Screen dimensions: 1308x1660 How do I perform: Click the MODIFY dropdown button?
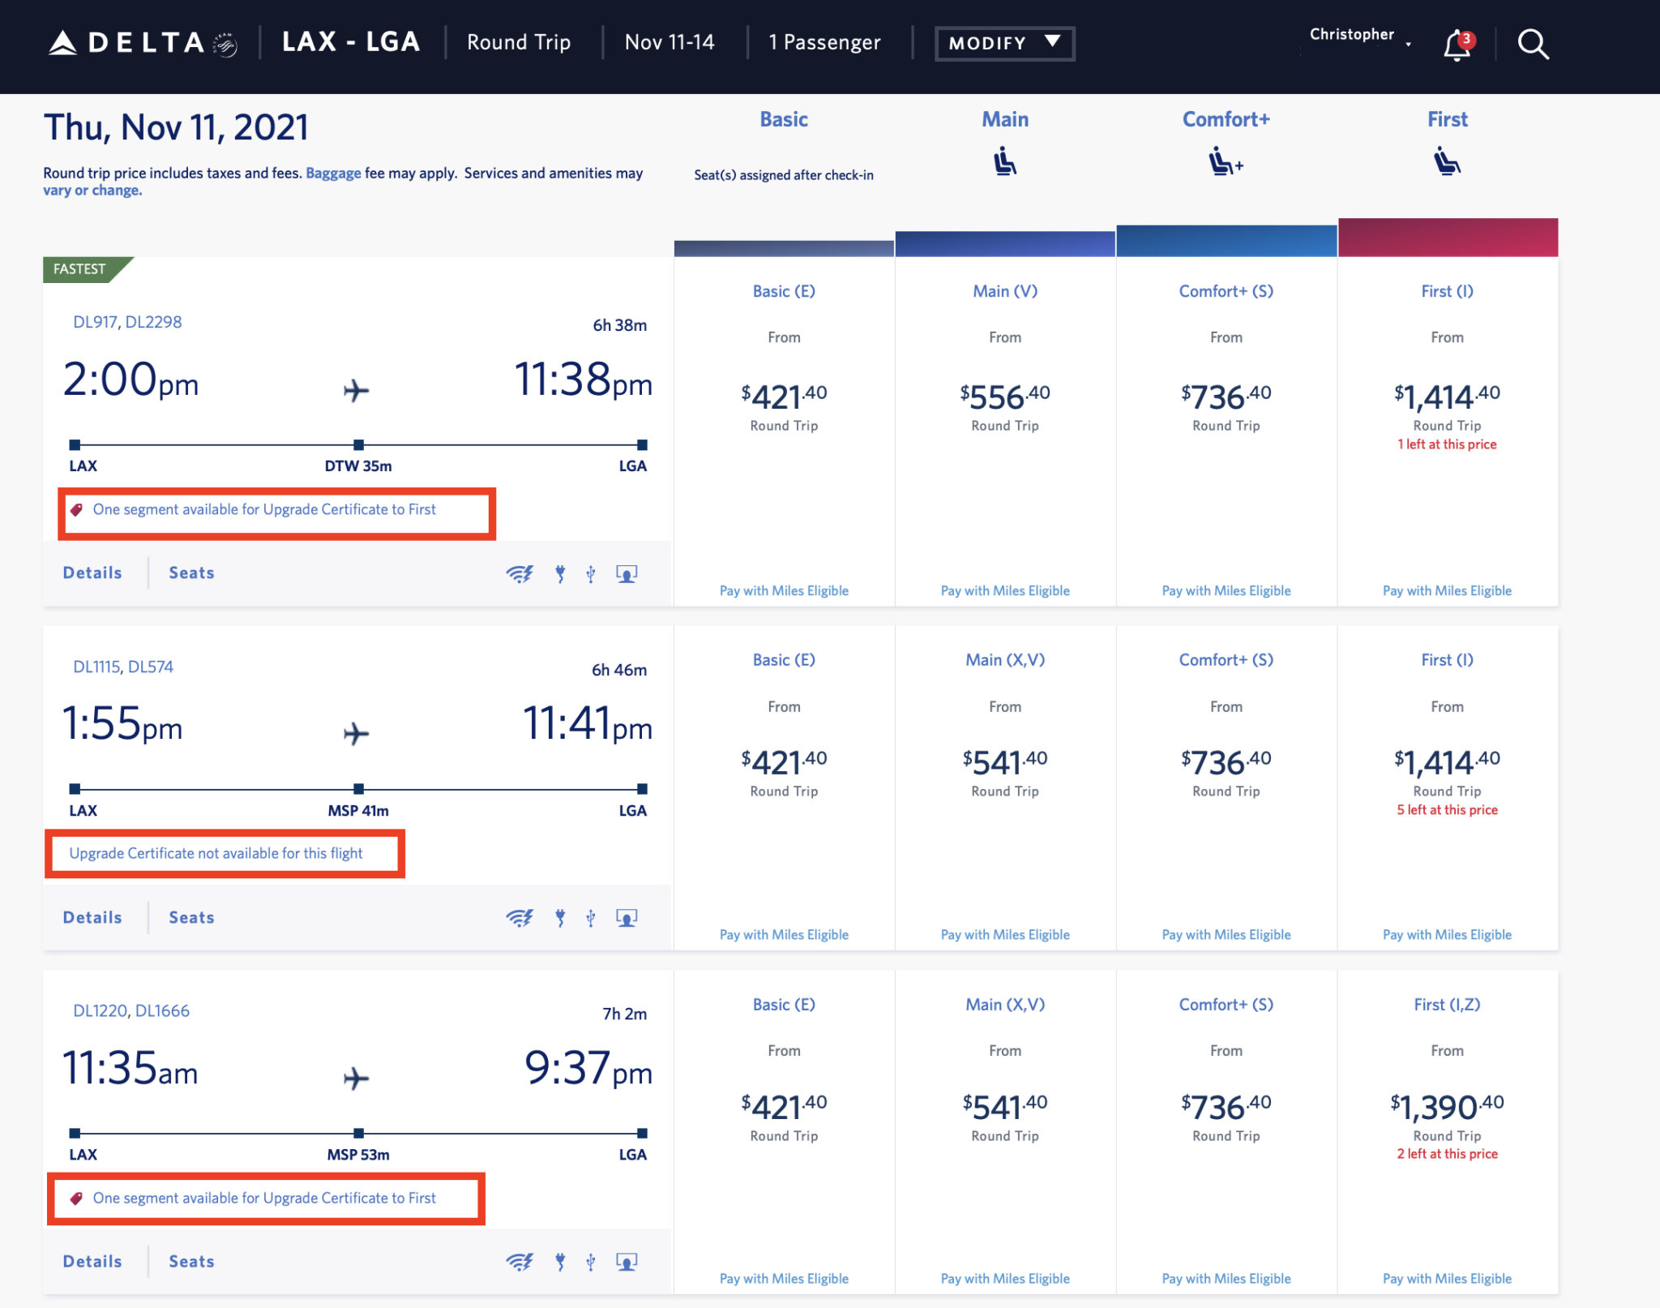click(x=1003, y=43)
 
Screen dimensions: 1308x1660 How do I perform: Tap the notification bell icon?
click(x=1457, y=45)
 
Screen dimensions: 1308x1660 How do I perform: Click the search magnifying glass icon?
click(x=1532, y=45)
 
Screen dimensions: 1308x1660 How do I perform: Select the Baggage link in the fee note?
click(x=333, y=173)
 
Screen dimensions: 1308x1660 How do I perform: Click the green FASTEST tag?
click(x=81, y=269)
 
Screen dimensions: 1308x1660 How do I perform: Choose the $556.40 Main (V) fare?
click(x=1004, y=397)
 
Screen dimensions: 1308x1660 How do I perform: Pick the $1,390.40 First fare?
click(x=1447, y=1107)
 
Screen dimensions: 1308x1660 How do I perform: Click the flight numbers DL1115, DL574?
click(x=123, y=667)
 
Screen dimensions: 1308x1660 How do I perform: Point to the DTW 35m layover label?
click(x=357, y=466)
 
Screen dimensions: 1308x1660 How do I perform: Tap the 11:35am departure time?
click(x=130, y=1068)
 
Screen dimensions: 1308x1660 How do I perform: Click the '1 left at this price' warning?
click(x=1447, y=444)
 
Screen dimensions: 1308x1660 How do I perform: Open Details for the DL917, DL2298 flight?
click(x=92, y=573)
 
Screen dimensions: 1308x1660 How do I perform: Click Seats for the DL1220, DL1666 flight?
click(x=191, y=1261)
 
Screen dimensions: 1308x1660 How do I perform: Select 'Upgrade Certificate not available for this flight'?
click(x=216, y=853)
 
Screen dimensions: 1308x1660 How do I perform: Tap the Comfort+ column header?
click(x=1226, y=119)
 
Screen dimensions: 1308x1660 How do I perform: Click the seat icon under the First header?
click(x=1447, y=161)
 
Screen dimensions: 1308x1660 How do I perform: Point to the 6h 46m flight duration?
click(x=619, y=670)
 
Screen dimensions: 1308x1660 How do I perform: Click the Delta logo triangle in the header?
click(x=62, y=43)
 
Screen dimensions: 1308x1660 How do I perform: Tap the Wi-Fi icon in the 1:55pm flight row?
click(x=519, y=918)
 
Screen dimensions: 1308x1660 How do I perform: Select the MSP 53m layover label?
click(x=357, y=1155)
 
